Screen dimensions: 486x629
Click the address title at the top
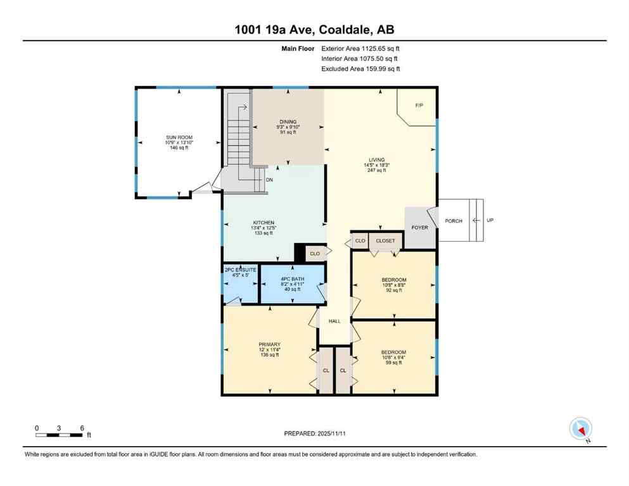[x=314, y=29]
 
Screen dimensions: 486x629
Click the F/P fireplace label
[x=419, y=105]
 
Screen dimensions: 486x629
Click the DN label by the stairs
[x=269, y=180]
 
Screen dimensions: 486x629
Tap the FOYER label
[x=419, y=227]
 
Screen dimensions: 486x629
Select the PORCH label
[x=453, y=221]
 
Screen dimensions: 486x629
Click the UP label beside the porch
[x=490, y=220]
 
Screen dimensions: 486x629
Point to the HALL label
[x=334, y=321]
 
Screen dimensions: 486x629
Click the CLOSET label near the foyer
[x=385, y=241]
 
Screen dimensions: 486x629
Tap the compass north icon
[x=580, y=429]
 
